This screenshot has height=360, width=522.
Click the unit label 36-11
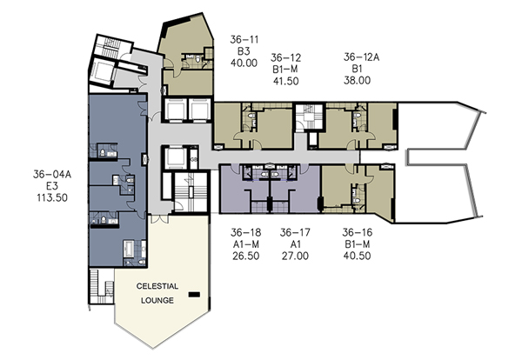pos(244,40)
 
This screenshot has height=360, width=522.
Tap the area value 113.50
pos(52,197)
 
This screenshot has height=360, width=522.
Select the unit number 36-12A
pos(361,57)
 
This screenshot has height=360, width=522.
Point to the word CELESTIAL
pos(157,286)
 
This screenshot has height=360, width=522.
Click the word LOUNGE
pos(157,301)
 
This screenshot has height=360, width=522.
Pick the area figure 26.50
pos(246,256)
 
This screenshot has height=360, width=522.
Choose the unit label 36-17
pos(295,232)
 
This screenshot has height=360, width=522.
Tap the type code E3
pos(52,186)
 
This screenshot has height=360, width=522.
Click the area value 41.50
pos(286,81)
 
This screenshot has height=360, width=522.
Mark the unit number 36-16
pos(358,232)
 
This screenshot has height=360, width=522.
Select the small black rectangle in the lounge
pos(194,295)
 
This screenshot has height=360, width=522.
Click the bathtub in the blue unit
pos(129,249)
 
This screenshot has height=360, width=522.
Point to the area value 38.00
pos(358,80)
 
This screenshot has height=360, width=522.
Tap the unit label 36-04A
pos(52,174)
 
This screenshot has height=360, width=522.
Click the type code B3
pos(244,51)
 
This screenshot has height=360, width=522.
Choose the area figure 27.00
pos(295,256)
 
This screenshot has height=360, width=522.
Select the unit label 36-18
pos(246,232)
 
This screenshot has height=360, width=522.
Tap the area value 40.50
pos(358,256)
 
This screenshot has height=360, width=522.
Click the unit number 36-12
pos(286,58)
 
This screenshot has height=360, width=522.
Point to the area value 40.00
pos(244,63)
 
